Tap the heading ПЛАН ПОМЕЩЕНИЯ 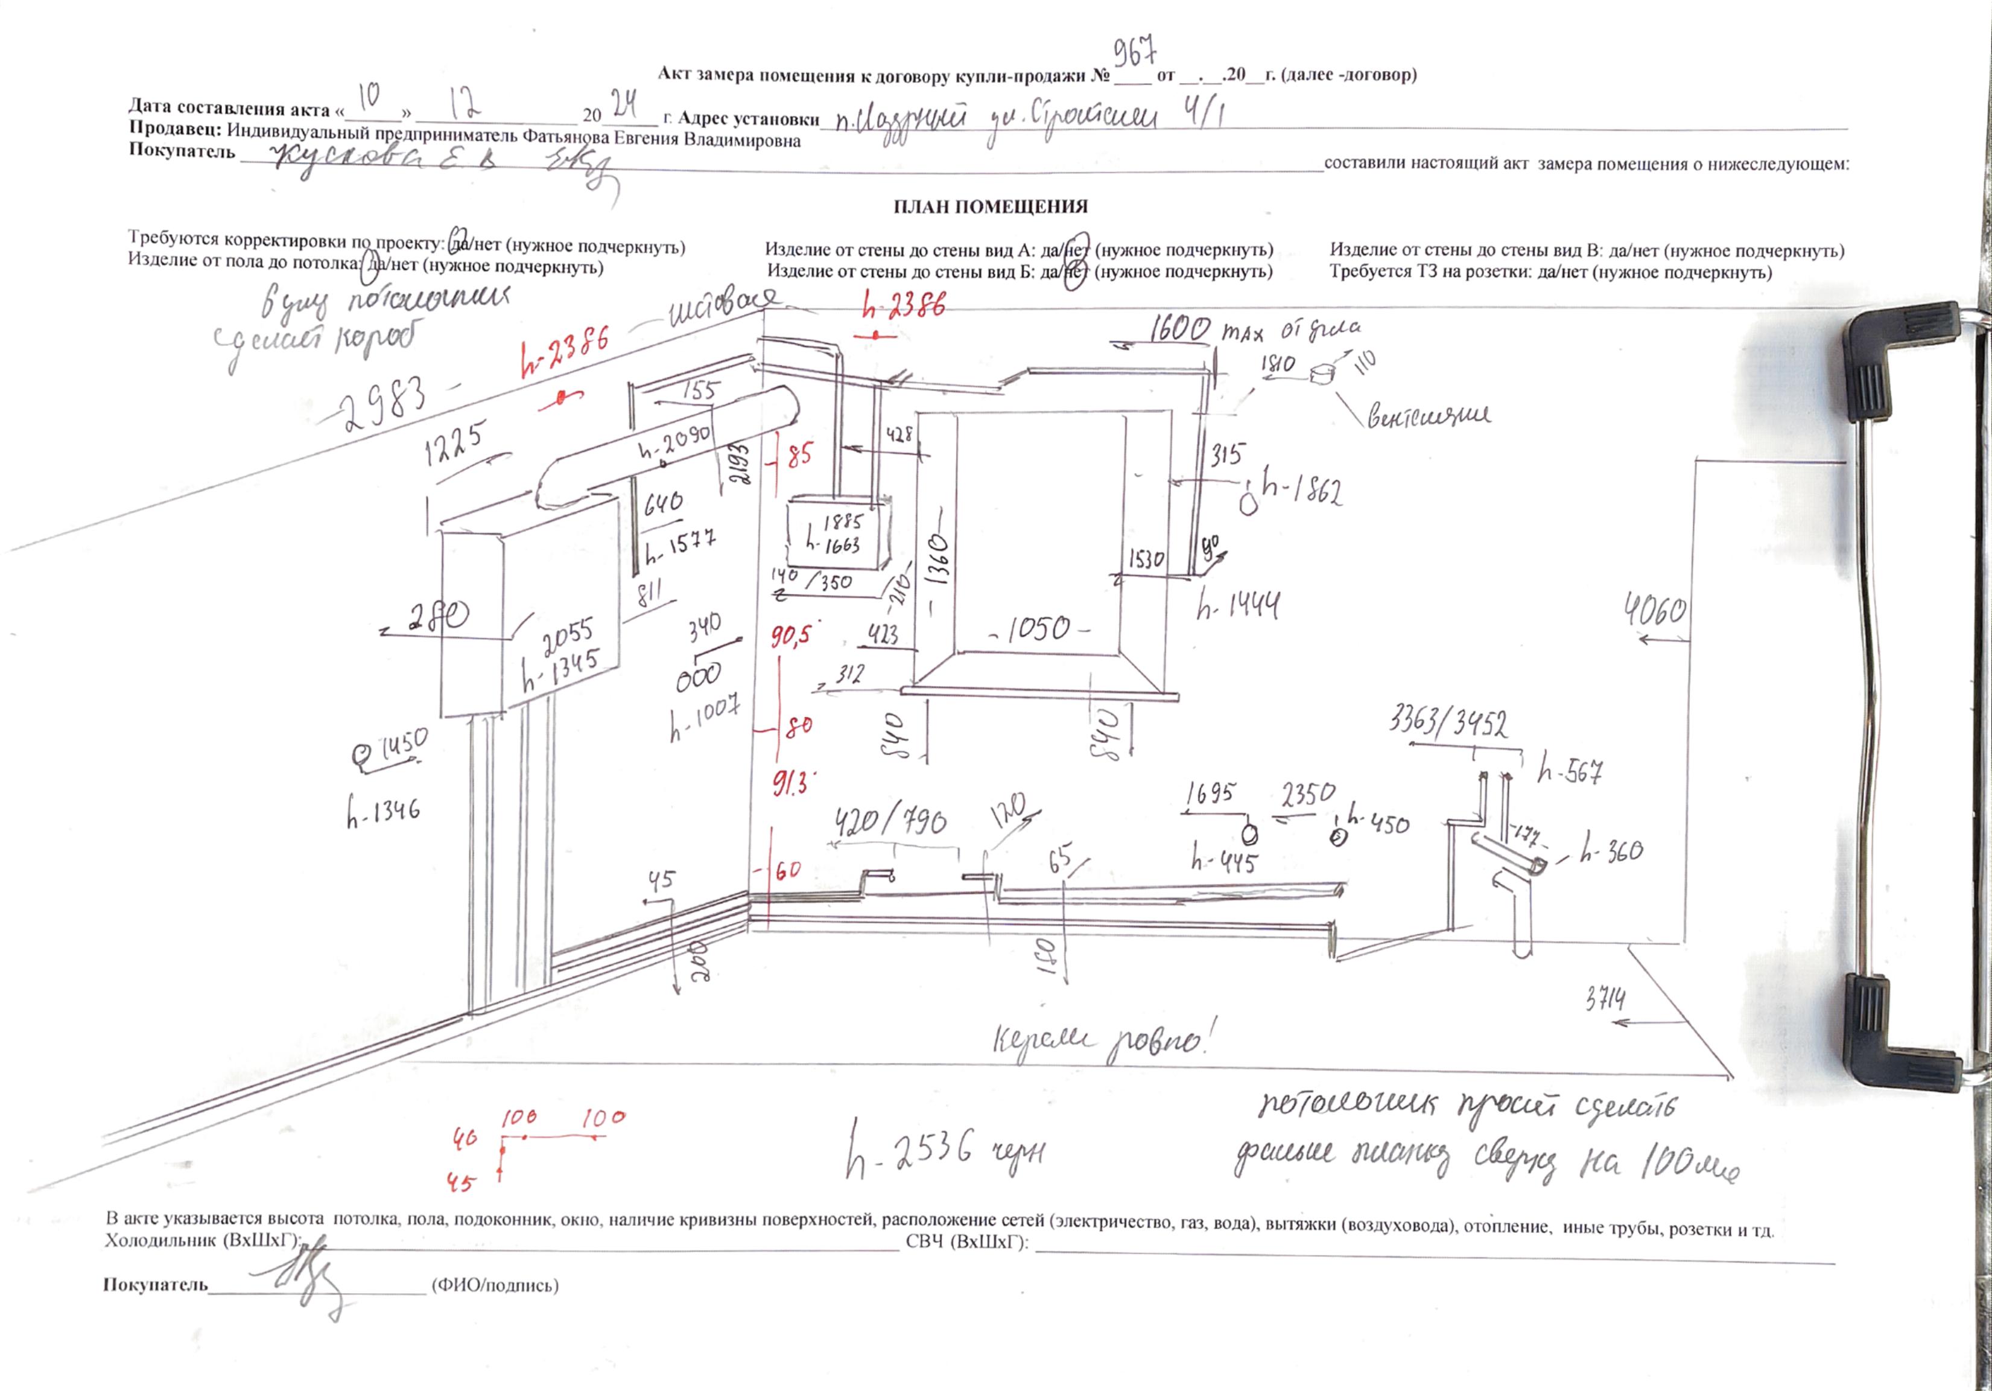(990, 206)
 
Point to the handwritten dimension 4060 (1655, 611)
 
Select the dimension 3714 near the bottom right (1605, 999)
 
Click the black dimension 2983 (384, 404)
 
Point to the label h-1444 (1238, 604)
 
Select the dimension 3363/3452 (1448, 723)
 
